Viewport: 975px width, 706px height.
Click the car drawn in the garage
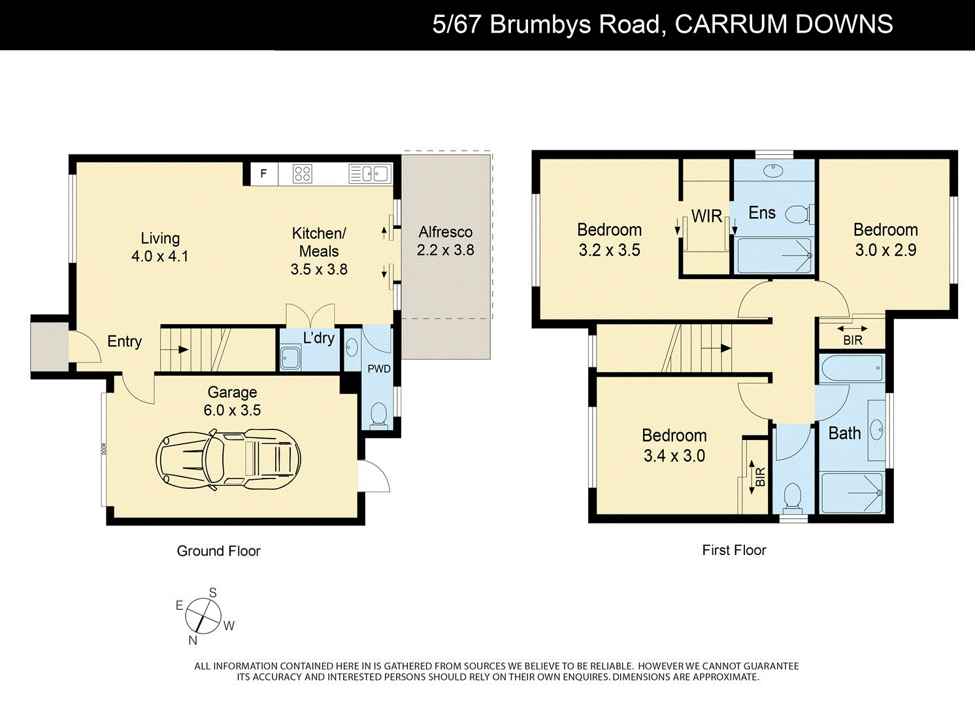tap(228, 460)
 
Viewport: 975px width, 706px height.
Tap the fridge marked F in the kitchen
tap(264, 174)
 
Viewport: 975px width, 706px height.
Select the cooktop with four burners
tap(303, 174)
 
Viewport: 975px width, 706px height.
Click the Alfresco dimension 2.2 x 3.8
tap(446, 250)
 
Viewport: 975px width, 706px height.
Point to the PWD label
tap(379, 369)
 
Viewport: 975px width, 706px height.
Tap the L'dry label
tap(319, 338)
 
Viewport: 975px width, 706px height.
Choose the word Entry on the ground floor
tap(124, 341)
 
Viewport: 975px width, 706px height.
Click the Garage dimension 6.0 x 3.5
tap(232, 411)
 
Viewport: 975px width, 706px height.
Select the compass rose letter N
tap(193, 641)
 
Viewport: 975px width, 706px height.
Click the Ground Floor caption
tap(218, 551)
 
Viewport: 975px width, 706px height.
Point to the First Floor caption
tap(734, 550)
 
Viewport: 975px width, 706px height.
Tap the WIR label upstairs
tap(706, 216)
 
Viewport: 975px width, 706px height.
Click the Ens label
tap(762, 213)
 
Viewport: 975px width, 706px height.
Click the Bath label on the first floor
tap(844, 433)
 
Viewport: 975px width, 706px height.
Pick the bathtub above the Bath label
tap(852, 369)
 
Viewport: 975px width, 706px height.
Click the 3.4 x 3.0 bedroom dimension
tap(674, 456)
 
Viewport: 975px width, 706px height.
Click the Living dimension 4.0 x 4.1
tap(160, 256)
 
